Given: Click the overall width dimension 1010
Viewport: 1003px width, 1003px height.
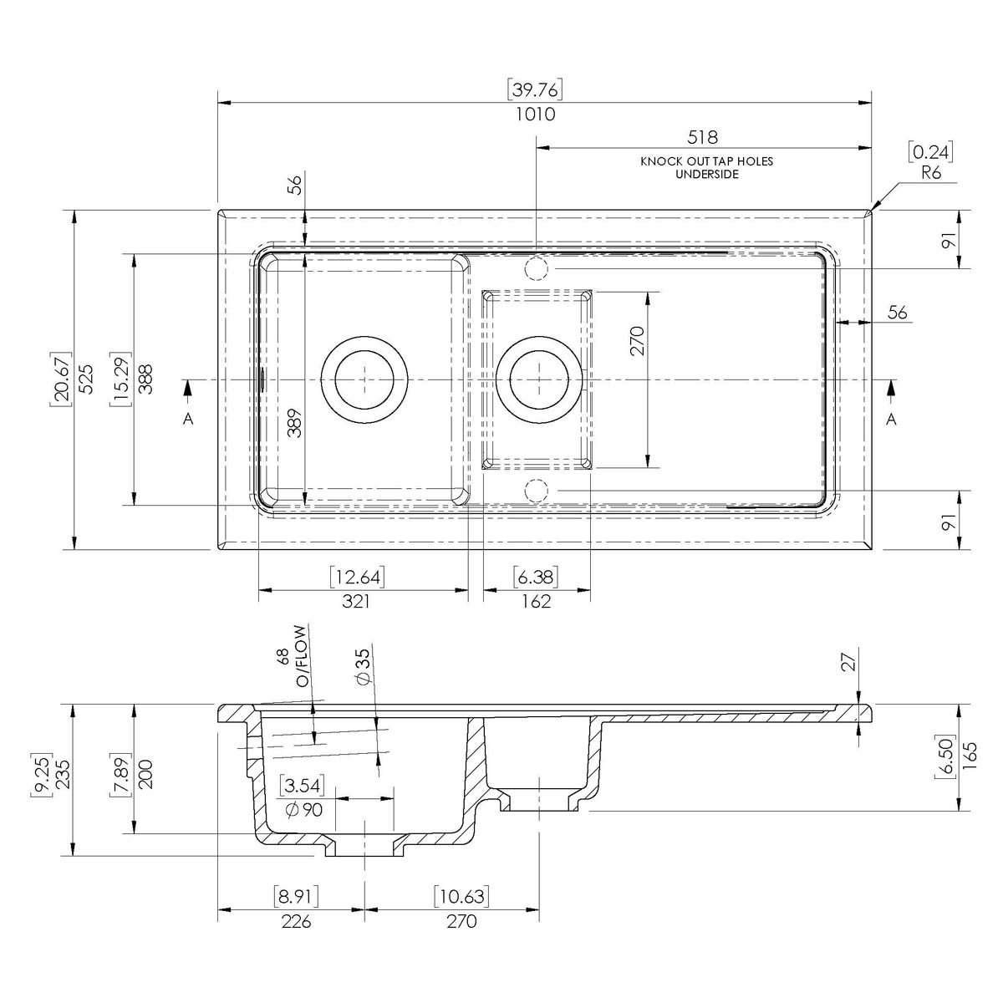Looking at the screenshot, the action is pos(536,114).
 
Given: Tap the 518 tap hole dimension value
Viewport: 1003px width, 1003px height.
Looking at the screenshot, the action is pos(702,137).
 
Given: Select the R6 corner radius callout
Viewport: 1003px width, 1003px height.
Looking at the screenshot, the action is pos(931,172).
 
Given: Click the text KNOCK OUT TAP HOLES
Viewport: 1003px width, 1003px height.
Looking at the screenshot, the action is pos(707,161).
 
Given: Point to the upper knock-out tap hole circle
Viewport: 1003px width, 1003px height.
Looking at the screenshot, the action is pos(536,268).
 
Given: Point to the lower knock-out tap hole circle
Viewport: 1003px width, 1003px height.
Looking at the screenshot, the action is pos(536,491).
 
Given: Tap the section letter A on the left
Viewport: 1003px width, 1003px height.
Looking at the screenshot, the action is pos(188,419).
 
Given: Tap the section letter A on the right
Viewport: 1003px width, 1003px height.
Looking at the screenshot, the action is pos(892,419).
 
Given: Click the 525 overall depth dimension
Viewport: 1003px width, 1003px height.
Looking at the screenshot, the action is pos(86,379).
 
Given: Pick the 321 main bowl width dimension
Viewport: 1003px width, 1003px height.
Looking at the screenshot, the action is pos(356,602).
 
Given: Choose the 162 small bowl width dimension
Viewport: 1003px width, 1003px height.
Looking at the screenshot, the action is pos(536,602).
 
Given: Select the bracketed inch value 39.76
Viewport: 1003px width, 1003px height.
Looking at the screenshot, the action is pos(535,90).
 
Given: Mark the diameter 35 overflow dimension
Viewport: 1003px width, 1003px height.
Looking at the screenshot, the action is pos(364,667).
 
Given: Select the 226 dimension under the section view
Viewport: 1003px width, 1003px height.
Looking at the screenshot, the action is pos(296,921).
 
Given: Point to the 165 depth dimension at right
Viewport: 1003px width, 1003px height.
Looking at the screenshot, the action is pos(970,756).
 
